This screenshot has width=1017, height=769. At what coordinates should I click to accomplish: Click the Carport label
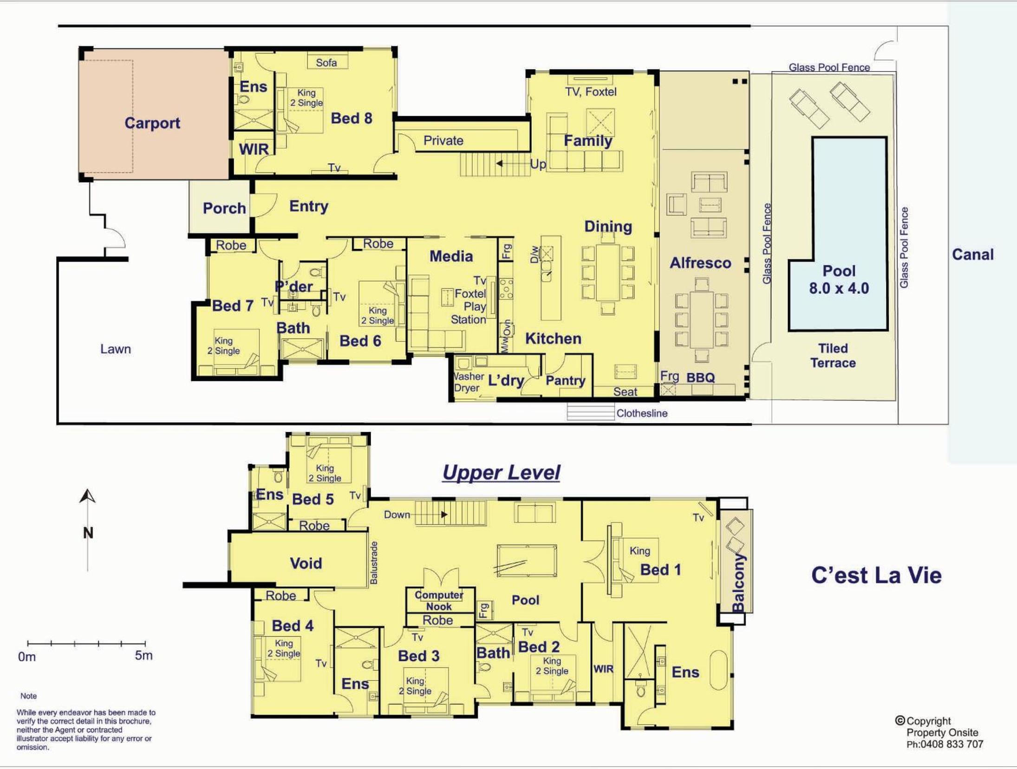(x=152, y=123)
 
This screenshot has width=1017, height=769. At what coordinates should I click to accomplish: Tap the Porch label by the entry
(x=224, y=208)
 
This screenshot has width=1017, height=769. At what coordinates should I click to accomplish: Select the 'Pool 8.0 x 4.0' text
(x=839, y=280)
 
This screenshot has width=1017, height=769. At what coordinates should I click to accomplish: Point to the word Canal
(x=973, y=254)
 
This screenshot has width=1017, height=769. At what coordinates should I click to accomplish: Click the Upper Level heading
(x=501, y=472)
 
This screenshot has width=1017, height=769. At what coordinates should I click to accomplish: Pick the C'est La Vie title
(x=876, y=575)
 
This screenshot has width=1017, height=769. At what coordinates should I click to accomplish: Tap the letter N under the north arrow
(x=88, y=533)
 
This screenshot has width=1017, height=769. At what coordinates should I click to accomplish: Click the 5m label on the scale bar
(x=143, y=656)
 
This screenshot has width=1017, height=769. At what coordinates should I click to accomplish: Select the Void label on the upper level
(x=306, y=563)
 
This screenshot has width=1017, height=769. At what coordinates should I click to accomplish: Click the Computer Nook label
(x=439, y=600)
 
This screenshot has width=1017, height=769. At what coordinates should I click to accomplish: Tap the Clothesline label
(x=642, y=413)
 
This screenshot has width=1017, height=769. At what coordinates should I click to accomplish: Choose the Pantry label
(x=565, y=381)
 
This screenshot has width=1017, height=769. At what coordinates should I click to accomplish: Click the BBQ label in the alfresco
(x=701, y=378)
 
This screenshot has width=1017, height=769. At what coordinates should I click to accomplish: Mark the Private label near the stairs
(x=443, y=141)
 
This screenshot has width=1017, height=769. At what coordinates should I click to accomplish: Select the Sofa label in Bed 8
(x=326, y=63)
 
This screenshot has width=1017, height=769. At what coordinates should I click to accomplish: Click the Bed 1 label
(x=660, y=570)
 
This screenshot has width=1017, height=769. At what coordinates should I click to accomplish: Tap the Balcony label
(x=738, y=583)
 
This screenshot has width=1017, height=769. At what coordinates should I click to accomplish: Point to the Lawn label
(x=116, y=349)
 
